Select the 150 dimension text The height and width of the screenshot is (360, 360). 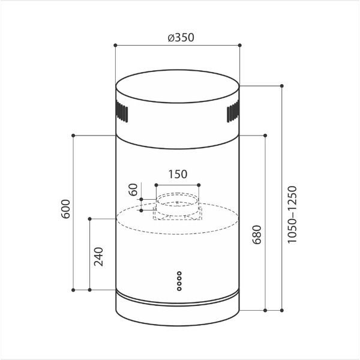(x=177, y=175)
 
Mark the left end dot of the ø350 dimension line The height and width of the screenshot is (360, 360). (x=115, y=45)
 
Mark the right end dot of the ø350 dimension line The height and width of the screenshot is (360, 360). (x=239, y=45)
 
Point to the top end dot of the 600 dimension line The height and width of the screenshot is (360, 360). (x=73, y=136)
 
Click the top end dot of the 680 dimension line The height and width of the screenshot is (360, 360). (x=265, y=136)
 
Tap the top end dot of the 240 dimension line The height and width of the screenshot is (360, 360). (x=90, y=218)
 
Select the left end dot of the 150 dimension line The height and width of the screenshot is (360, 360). (x=155, y=184)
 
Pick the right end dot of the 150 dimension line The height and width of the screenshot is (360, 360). (x=199, y=184)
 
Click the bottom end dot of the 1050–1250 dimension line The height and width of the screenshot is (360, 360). (x=281, y=311)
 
